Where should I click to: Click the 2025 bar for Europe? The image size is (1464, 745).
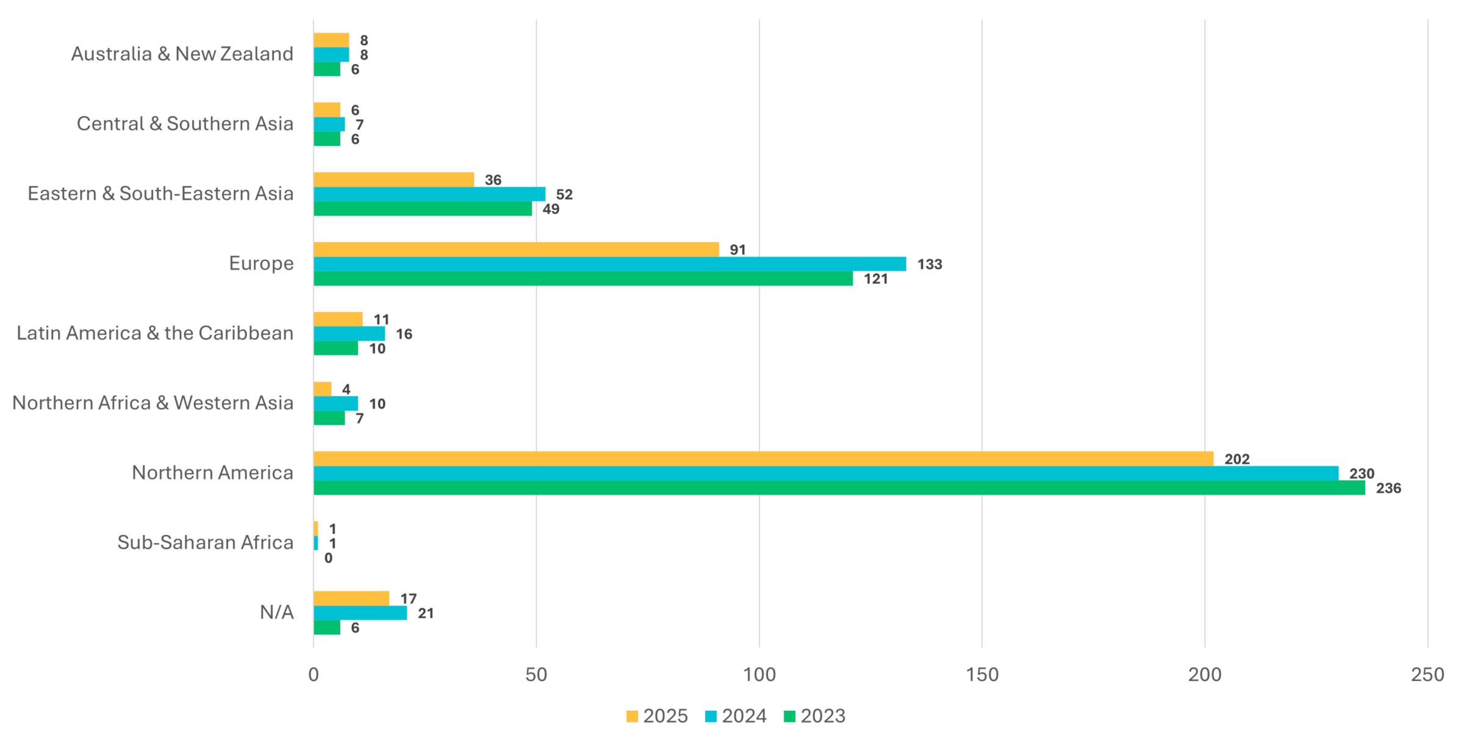[516, 250]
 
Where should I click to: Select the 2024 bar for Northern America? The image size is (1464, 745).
[826, 473]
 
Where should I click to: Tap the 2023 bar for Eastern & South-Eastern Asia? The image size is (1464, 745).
[423, 209]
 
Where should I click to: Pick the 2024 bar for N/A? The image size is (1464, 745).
[360, 613]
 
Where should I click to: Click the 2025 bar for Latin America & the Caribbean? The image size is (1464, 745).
[338, 319]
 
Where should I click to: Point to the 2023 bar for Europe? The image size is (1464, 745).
[583, 279]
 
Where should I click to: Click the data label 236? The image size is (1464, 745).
[1388, 489]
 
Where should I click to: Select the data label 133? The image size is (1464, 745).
[930, 265]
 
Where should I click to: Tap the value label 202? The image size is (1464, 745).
[1237, 459]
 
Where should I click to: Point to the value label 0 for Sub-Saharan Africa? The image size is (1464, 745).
[328, 558]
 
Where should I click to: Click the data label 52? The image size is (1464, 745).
[564, 195]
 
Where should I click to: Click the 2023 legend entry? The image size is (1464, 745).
[814, 716]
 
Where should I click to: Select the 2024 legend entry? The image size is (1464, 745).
[736, 716]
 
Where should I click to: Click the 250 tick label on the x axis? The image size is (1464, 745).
[1427, 675]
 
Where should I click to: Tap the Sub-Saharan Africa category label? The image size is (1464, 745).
[205, 543]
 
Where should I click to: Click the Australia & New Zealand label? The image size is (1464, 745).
[182, 54]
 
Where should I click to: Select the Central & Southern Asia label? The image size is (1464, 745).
[185, 124]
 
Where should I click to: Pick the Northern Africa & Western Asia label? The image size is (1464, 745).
[152, 403]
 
